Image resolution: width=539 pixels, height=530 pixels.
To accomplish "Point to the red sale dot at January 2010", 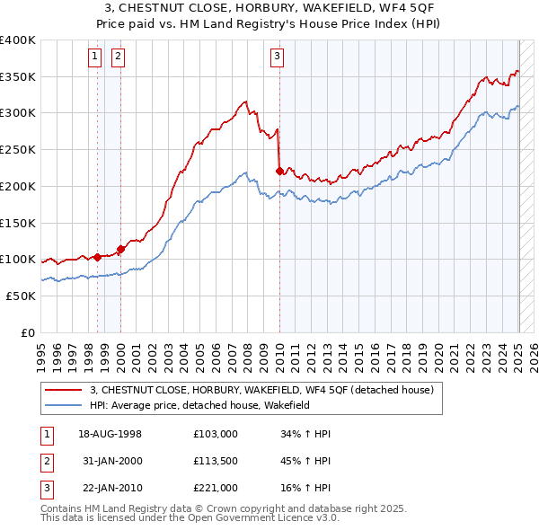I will [279, 171].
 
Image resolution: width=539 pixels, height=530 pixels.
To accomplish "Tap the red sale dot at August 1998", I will [98, 257].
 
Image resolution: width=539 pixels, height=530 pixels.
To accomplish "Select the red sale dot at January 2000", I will [120, 249].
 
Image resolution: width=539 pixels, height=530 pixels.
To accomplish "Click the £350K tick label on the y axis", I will [18, 77].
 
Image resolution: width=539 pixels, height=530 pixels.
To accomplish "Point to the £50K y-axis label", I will [22, 296].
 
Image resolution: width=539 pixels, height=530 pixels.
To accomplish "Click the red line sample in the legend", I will [64, 390].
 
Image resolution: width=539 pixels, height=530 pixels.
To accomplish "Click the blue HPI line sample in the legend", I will [64, 405].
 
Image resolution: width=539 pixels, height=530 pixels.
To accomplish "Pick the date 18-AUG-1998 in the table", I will [110, 434].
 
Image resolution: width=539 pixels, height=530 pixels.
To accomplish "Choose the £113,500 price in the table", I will [215, 461].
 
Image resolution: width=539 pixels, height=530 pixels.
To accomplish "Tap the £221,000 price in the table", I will [215, 488].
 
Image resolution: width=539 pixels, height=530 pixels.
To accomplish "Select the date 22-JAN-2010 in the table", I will [110, 488].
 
